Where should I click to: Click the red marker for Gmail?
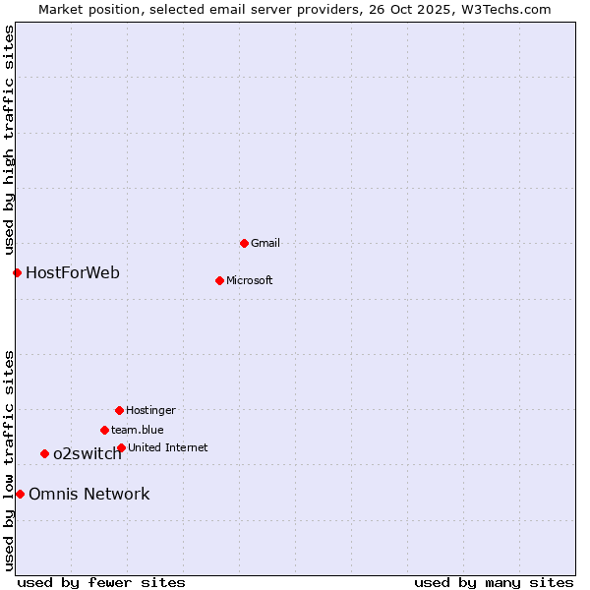click(x=244, y=243)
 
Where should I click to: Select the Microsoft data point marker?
click(x=219, y=280)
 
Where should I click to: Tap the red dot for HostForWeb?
click(x=17, y=272)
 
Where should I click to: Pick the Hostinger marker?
click(x=119, y=410)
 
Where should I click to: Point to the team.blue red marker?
click(x=104, y=430)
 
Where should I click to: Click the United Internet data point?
click(x=121, y=447)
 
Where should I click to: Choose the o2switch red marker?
click(x=44, y=453)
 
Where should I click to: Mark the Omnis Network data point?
click(x=20, y=494)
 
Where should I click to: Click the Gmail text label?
click(x=265, y=243)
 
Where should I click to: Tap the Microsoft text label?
click(x=249, y=280)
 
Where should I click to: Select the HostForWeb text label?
click(x=73, y=272)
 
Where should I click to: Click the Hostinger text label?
click(x=150, y=410)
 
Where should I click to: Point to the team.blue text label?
click(x=137, y=430)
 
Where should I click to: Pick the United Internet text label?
click(x=167, y=447)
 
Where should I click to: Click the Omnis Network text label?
click(x=88, y=494)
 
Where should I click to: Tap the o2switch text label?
click(x=88, y=453)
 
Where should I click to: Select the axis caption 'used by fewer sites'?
click(x=101, y=582)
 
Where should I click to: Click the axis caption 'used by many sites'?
click(x=494, y=582)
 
